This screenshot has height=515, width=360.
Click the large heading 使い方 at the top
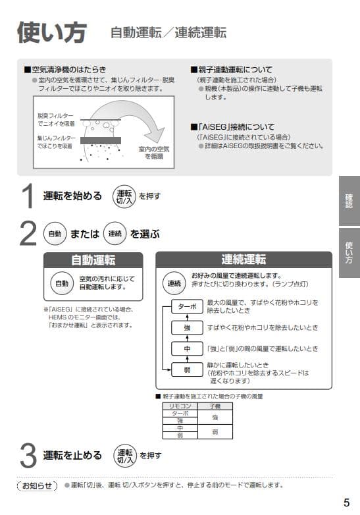[50, 31]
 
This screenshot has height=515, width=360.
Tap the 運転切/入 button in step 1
[124, 196]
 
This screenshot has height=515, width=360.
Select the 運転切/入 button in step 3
[124, 454]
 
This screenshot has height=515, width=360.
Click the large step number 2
[28, 234]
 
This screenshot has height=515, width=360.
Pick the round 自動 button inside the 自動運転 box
[61, 283]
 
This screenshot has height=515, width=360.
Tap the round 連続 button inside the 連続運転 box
[174, 283]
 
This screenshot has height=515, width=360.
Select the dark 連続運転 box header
[244, 259]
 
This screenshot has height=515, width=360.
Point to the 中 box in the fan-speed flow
[187, 348]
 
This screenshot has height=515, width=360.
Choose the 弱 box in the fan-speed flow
[187, 369]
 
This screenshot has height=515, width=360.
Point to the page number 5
[346, 502]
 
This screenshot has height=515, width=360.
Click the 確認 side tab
[349, 200]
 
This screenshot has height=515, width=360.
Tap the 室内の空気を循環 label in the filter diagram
[153, 153]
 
